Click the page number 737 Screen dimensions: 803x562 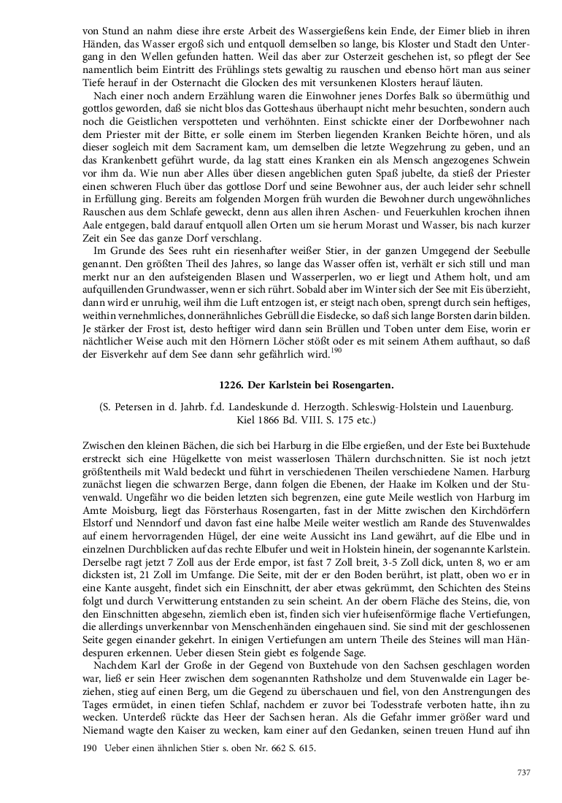pos(523,772)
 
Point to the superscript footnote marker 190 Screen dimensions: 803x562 pos(336,350)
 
